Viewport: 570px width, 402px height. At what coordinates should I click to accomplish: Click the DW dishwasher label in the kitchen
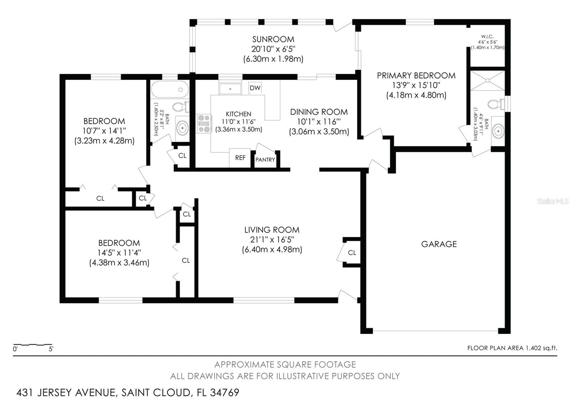click(x=255, y=88)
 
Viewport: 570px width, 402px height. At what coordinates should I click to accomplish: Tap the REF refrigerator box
click(x=240, y=158)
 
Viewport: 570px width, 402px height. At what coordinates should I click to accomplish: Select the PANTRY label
click(x=265, y=160)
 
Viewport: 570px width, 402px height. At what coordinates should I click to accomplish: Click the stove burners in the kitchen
click(x=204, y=123)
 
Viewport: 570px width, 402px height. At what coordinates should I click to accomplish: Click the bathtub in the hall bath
click(x=170, y=89)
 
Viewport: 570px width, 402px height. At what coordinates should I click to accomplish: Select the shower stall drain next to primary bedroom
click(x=487, y=80)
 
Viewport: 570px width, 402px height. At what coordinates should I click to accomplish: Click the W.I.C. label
click(x=487, y=37)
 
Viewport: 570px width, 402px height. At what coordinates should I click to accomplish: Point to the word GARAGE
click(x=439, y=244)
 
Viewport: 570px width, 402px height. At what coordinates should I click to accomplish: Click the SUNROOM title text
click(x=273, y=39)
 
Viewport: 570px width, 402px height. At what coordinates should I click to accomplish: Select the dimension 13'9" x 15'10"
click(x=416, y=85)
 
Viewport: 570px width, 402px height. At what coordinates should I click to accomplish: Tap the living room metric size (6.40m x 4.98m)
click(x=272, y=249)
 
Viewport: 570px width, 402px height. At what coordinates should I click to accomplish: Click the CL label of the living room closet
click(x=352, y=253)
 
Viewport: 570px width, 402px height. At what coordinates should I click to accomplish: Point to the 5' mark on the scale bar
click(x=51, y=349)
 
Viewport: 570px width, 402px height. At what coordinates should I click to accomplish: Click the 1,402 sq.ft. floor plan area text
click(x=541, y=348)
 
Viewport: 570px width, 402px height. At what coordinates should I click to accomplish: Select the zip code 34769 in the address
click(x=225, y=392)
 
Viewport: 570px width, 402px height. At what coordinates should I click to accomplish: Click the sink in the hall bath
click(x=182, y=128)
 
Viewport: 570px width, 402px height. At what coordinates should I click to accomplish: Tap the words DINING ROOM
click(x=319, y=112)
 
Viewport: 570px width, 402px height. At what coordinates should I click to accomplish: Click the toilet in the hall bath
click(x=181, y=107)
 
